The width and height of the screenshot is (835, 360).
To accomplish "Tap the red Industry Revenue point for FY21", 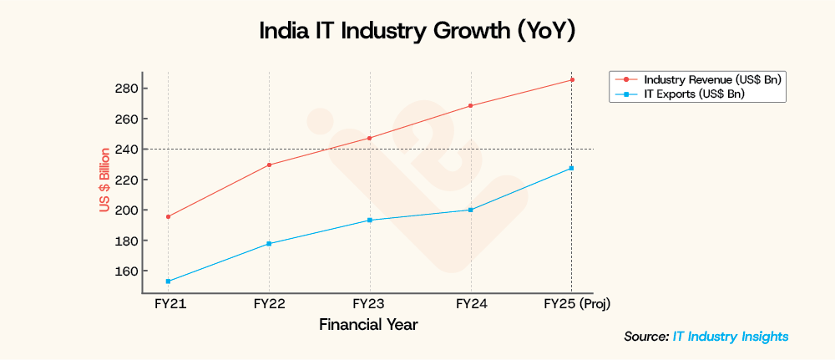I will pos(169,216).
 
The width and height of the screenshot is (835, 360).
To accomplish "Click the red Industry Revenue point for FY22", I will pos(269,165).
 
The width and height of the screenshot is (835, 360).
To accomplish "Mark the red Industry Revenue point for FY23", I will pos(370,138).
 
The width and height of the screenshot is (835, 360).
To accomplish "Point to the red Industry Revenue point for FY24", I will pos(471,105).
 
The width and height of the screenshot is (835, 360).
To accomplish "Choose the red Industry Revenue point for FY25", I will pos(571,79).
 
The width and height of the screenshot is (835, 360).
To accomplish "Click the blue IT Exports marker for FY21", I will pos(169,281).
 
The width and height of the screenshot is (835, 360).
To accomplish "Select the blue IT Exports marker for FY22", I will pos(269,243).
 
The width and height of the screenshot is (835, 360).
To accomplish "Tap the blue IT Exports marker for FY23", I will pos(370,220).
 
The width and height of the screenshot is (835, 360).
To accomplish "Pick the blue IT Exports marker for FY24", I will pos(471,210).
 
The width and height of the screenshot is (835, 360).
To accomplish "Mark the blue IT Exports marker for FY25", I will pos(571,168).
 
